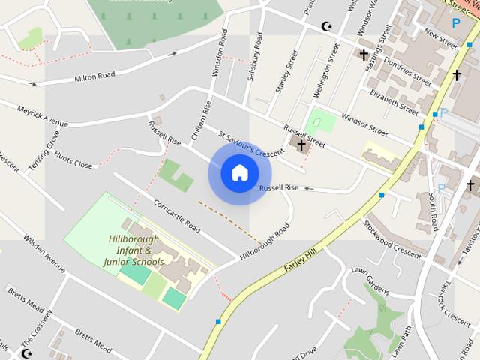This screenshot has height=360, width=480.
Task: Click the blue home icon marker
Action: coord(238,173)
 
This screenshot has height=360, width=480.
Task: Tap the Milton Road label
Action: coord(95,76)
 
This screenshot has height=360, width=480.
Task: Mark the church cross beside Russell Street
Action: coord(301,145)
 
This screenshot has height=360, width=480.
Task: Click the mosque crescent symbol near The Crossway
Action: coord(28,352)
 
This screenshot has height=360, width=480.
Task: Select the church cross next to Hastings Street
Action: coord(364,55)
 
